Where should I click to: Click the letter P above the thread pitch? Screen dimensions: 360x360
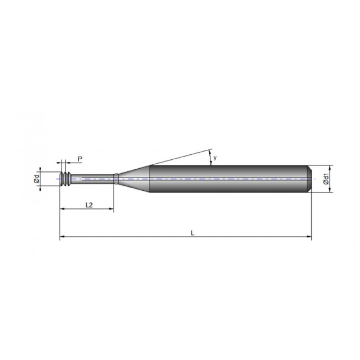(80, 158)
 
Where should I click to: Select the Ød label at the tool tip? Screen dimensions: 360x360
(36, 179)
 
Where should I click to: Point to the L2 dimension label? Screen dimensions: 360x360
(89, 205)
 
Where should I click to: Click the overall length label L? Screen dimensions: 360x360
(192, 232)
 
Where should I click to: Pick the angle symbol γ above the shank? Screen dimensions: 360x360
(215, 157)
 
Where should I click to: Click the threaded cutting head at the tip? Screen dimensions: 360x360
(66, 179)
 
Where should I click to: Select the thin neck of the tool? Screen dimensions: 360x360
(92, 179)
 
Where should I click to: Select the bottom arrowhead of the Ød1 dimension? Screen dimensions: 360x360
(331, 190)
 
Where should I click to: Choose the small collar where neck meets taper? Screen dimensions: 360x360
(116, 179)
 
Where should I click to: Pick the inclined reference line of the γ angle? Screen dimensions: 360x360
(180, 157)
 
